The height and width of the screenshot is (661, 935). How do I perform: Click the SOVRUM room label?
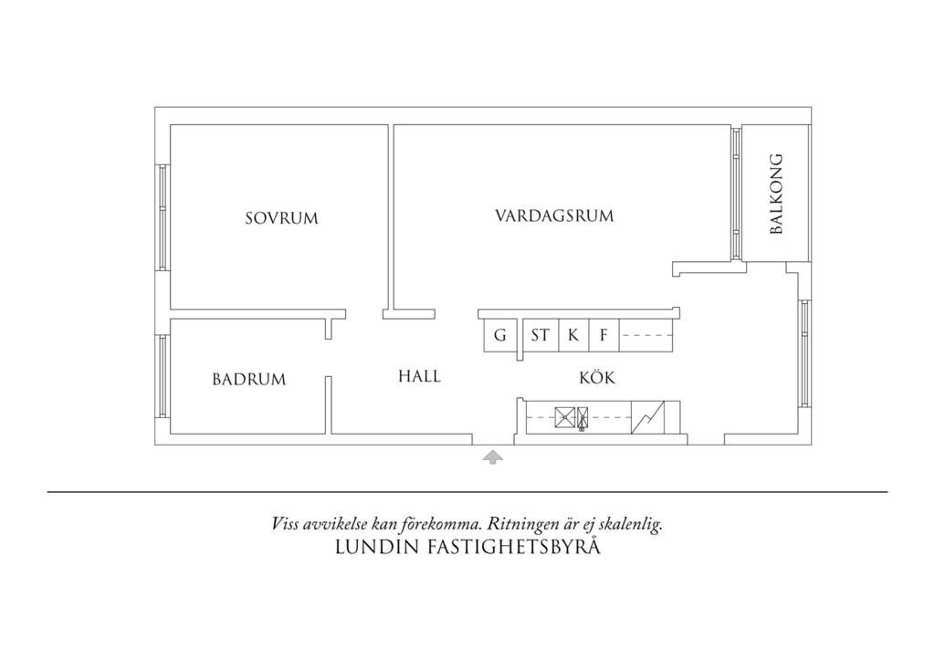281,218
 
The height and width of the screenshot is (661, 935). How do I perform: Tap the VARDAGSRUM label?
554,215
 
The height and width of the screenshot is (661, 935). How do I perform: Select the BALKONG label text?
776,194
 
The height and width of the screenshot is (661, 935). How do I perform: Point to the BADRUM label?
249,379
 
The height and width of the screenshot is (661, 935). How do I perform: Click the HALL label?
420,376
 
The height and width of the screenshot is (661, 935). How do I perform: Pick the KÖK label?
597,377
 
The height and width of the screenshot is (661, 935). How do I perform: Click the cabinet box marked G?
499,335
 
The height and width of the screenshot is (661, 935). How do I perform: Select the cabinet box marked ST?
541,335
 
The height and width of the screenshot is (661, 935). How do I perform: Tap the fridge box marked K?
573,335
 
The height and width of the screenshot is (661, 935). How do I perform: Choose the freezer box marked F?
604,335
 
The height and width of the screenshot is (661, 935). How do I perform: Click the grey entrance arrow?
492,457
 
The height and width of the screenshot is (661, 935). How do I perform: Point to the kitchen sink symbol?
572,418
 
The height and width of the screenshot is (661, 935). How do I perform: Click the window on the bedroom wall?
163,217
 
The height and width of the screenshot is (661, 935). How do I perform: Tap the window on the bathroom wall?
163,376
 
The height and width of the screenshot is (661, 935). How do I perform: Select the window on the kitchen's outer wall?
805,353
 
